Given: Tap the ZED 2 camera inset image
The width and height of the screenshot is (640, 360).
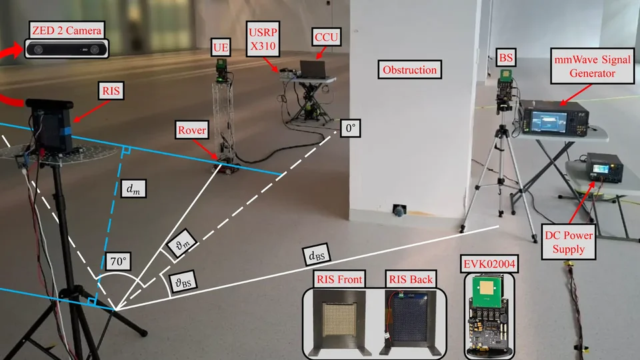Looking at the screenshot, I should pos(67,48).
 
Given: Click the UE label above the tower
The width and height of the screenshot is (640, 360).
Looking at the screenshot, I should pos(219,47).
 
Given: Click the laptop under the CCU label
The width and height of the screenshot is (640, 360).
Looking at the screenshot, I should pos(313,68).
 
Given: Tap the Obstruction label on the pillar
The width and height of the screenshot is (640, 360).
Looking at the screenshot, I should pos(409,69).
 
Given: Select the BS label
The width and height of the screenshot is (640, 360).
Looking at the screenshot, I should pos(507,57).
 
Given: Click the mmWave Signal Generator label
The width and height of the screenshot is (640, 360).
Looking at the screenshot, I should pos(585,67).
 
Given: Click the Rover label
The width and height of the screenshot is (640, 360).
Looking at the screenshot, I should pos(191,129).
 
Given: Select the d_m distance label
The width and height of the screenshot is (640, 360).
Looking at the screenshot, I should pos(133,189).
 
